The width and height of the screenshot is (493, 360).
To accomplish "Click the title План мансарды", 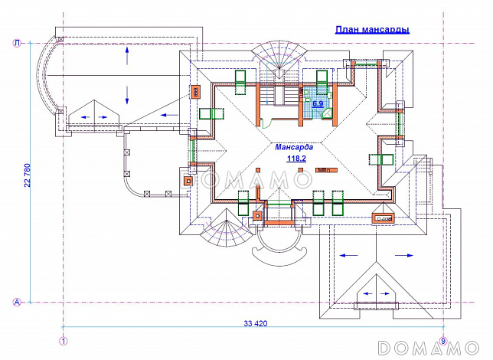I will point(372,30).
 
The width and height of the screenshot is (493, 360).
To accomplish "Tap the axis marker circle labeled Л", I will point(16,44).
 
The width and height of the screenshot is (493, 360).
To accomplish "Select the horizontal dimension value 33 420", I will point(256,324).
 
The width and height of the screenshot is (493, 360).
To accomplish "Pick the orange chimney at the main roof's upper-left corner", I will point(197,93).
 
